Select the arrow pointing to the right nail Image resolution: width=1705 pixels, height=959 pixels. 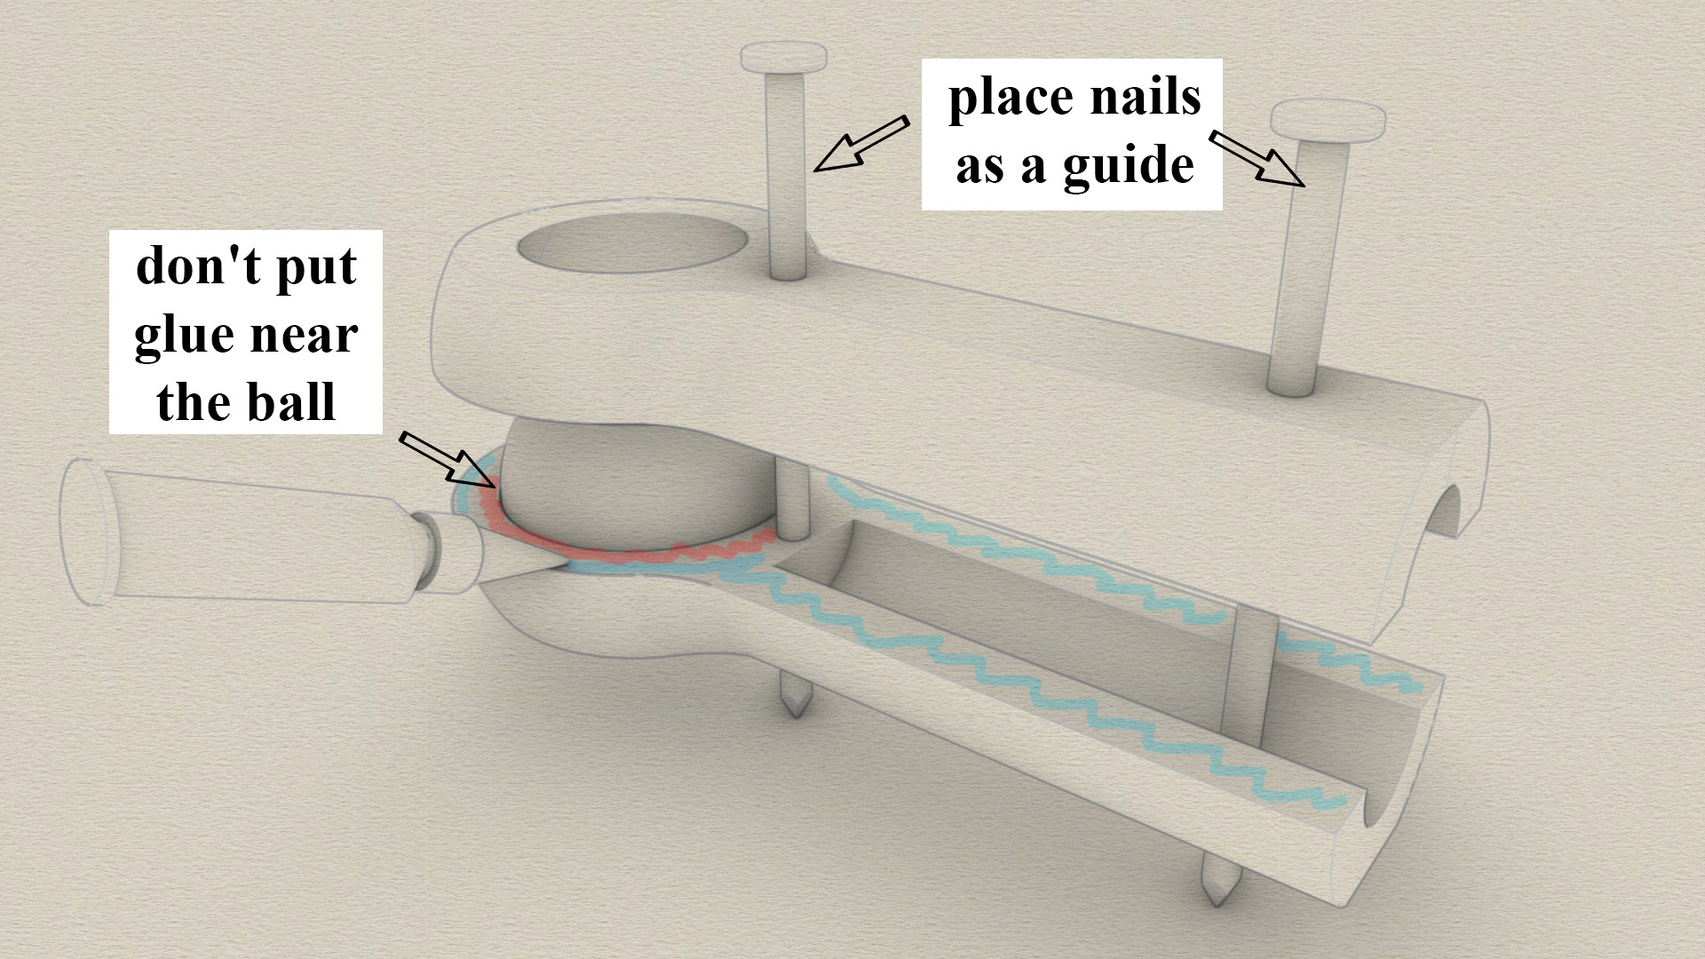[1257, 159]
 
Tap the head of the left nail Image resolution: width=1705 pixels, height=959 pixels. [784, 59]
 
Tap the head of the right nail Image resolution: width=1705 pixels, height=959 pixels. [1328, 120]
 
